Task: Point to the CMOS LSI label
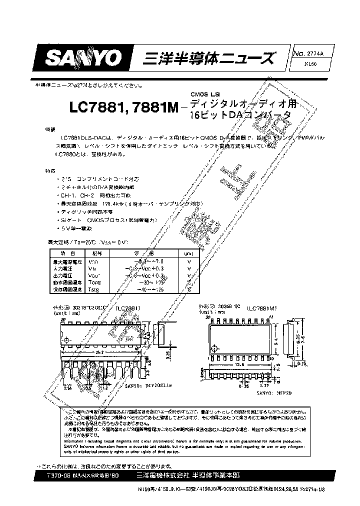coord(204,95)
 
